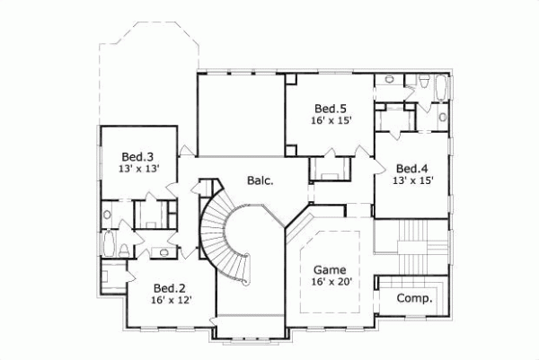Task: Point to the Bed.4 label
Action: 412,168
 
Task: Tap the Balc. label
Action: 261,180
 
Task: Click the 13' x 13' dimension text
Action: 139,166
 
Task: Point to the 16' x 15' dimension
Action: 331,119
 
